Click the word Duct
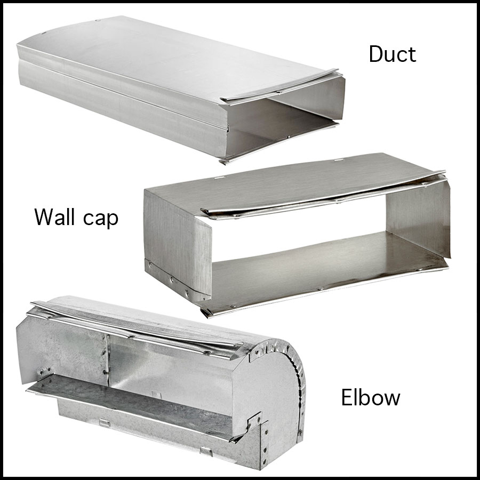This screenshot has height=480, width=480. coord(392,54)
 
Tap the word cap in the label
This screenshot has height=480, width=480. coord(100,219)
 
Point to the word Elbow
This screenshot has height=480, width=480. coord(371,397)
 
